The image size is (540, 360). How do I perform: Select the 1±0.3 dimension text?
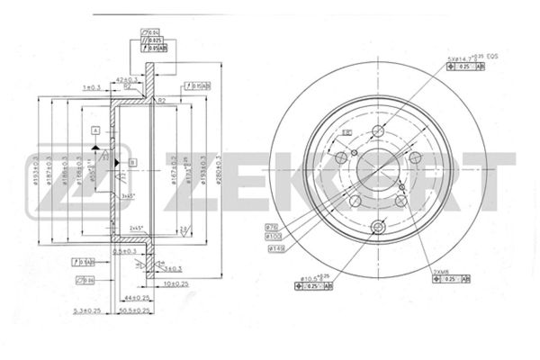click(89, 87)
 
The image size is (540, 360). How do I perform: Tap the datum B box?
click(132, 162)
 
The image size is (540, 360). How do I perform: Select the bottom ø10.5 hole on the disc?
click(379, 226)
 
